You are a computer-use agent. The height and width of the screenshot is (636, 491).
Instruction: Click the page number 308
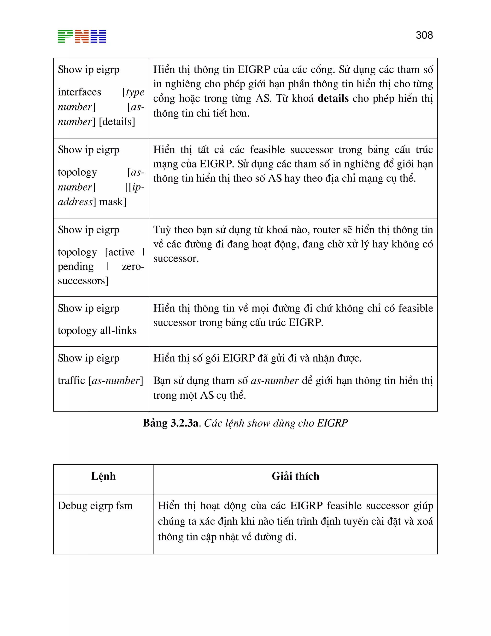coord(424,35)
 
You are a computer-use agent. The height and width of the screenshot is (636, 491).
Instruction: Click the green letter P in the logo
coord(65,36)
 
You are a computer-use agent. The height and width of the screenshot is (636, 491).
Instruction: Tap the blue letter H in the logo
coord(98,36)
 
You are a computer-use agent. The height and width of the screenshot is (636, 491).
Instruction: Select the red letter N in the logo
coord(82,36)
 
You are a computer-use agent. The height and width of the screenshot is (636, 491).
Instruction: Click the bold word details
coord(333,98)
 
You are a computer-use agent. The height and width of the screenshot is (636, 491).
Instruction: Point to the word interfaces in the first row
coord(79,92)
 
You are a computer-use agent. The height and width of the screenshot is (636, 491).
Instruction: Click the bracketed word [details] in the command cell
coord(117,121)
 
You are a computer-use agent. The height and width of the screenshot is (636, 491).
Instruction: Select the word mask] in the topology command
coord(113,202)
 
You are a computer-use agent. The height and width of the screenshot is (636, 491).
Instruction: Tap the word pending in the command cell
coord(76,266)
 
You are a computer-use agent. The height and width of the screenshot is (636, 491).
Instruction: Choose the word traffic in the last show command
coord(71,380)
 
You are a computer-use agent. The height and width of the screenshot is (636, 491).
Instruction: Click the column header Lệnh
coord(103,476)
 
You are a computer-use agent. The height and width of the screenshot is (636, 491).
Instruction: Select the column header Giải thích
coord(295,476)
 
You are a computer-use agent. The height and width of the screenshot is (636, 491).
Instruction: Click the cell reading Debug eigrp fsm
coord(95,506)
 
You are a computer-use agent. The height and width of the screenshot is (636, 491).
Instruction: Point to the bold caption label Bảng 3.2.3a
coord(171,423)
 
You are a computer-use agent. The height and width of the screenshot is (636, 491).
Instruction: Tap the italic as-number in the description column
coord(274,381)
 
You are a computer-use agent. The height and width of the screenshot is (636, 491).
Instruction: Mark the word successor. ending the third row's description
coord(176,258)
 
